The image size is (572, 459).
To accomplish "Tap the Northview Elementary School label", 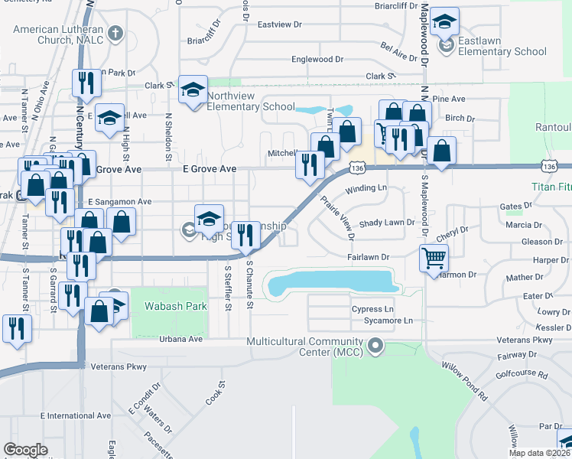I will pyautogui.click(x=251, y=106).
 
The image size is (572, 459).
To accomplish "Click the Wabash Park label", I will pyautogui.click(x=166, y=308).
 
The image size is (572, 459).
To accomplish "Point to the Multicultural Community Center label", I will pyautogui.click(x=306, y=347).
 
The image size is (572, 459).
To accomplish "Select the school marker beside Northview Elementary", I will pyautogui.click(x=193, y=90).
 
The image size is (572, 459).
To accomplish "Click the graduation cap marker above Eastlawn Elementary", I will pyautogui.click(x=444, y=22).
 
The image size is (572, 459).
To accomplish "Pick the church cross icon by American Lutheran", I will pyautogui.click(x=115, y=33).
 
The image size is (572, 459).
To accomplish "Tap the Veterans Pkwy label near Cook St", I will pyautogui.click(x=119, y=367).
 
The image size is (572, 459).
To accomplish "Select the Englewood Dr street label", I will pyautogui.click(x=317, y=59).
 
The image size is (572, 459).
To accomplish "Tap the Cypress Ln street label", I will pyautogui.click(x=372, y=309).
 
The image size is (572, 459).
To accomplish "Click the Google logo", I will pyautogui.click(x=25, y=450).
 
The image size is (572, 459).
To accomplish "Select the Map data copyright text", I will pyautogui.click(x=538, y=453).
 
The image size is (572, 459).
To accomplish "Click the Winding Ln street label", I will pyautogui.click(x=365, y=188).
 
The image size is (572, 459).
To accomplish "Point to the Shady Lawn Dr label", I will pyautogui.click(x=387, y=223).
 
